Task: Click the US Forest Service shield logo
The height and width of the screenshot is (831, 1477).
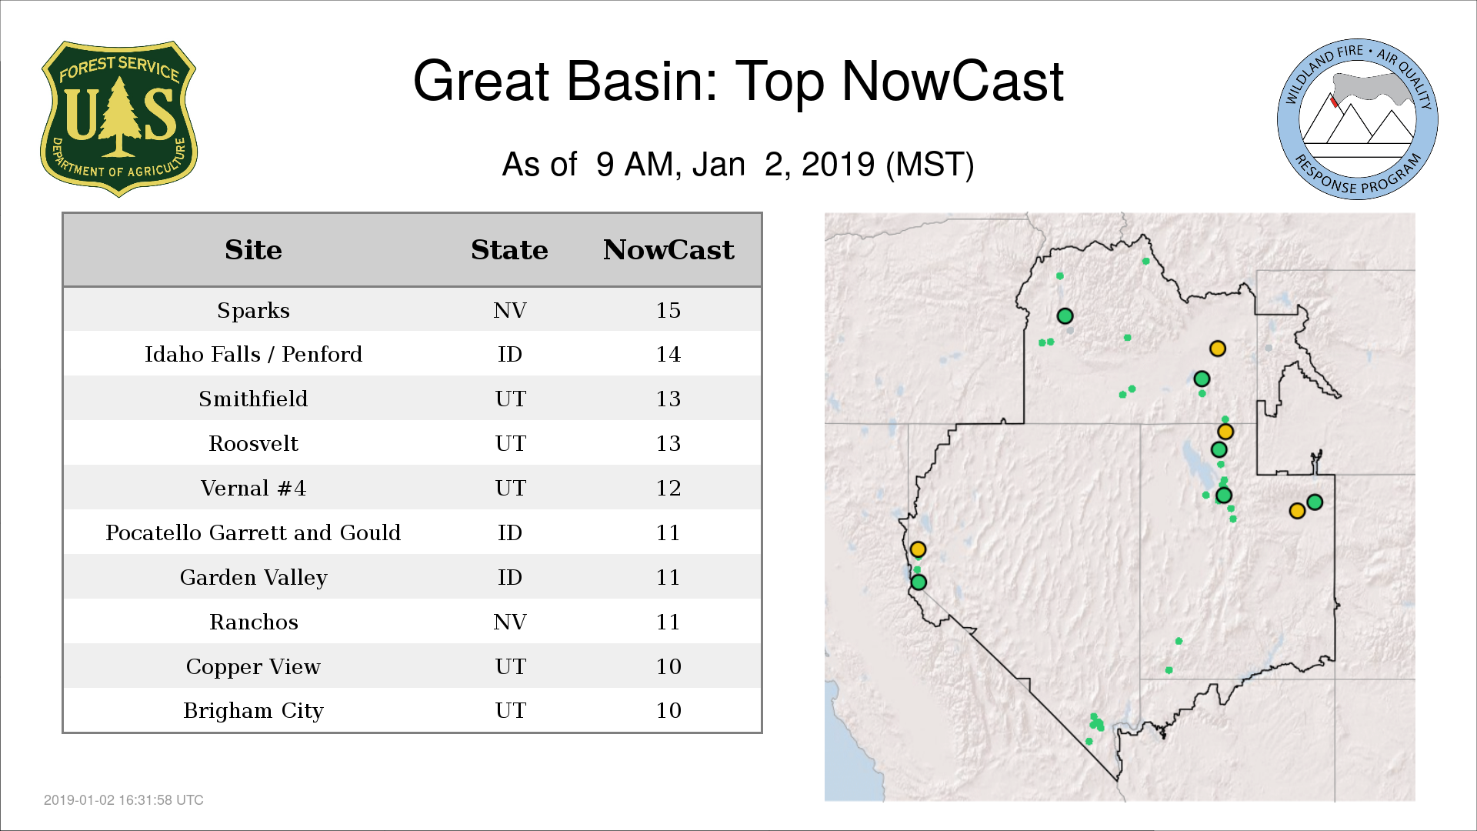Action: coord(118,118)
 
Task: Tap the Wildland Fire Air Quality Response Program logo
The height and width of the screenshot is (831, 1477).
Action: coord(1358,119)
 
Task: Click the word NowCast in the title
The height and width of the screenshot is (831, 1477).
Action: coord(952,81)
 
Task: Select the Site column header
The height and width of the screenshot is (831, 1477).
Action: coord(253,250)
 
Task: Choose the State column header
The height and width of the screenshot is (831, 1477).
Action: coord(509,250)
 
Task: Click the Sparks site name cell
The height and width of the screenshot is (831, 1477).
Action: coord(253,311)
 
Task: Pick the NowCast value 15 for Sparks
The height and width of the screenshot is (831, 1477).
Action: coord(668,310)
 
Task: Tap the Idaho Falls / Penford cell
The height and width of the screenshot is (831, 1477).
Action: coord(253,354)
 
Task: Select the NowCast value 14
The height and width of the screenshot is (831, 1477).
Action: coord(668,354)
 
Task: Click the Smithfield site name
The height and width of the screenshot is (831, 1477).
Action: coord(253,399)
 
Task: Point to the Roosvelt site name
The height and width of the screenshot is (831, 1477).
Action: coord(253,443)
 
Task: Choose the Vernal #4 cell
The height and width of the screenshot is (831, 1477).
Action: coord(253,488)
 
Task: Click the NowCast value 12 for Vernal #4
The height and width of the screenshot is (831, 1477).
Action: coord(668,488)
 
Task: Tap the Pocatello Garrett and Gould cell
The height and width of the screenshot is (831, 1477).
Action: coord(253,532)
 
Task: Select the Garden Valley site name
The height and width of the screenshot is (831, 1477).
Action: coord(253,578)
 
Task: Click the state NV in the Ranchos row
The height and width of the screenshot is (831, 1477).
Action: coord(509,622)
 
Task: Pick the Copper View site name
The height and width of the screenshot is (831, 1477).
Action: coord(253,667)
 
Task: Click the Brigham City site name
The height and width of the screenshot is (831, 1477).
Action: coord(253,711)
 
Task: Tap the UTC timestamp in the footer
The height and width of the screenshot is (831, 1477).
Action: coord(124,800)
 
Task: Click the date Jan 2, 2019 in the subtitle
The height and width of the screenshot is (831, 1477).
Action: coord(783,165)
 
